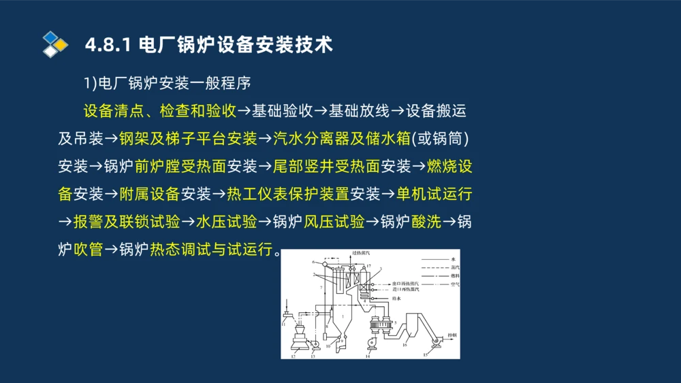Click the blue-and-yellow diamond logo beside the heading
coord(55,44)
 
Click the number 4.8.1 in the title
coord(108,46)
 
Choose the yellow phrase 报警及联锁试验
coord(126,222)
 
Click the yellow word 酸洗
coord(426,222)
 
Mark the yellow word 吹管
coord(88,250)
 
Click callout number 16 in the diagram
coord(405,346)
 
